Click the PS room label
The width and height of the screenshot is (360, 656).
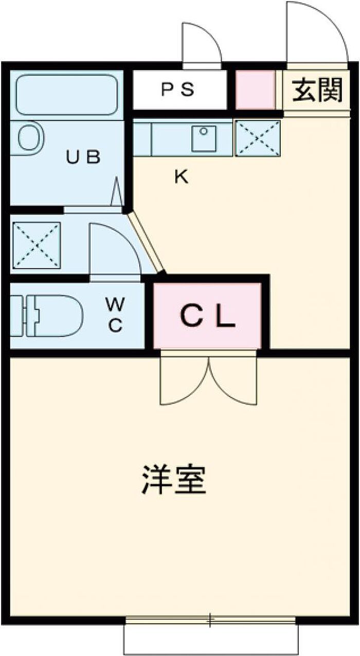[178, 89]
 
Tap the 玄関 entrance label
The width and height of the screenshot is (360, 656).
[317, 89]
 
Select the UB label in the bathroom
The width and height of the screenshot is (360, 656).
[83, 157]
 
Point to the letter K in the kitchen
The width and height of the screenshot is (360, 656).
[182, 176]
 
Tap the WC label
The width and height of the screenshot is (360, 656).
[115, 315]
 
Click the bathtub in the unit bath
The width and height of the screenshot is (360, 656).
[67, 95]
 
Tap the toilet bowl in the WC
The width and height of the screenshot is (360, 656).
[54, 316]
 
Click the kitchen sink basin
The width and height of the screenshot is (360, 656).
[204, 138]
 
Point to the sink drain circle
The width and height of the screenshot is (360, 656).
[204, 131]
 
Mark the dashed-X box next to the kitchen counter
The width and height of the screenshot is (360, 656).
[258, 138]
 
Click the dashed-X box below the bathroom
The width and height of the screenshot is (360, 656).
[37, 245]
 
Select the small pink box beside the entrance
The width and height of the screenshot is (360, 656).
[256, 89]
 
